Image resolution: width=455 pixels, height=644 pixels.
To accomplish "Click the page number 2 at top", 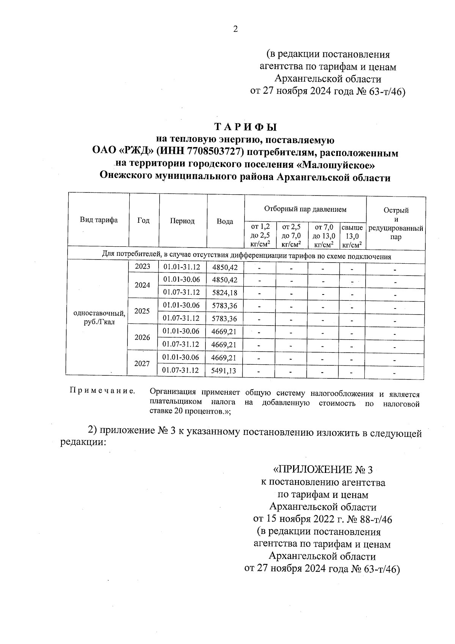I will (235, 29).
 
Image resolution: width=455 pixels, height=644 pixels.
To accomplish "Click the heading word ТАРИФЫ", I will (245, 127).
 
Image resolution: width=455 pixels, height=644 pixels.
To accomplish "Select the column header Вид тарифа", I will (99, 220).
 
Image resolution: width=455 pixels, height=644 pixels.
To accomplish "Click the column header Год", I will (143, 220).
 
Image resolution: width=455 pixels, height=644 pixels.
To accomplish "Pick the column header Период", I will (182, 221).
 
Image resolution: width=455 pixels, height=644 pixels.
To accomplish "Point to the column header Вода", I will (225, 222).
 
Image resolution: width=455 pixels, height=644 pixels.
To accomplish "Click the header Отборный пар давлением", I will (305, 209).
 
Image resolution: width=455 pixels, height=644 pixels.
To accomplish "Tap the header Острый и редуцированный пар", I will (395, 224).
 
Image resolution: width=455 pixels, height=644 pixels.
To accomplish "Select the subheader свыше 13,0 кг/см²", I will (352, 236).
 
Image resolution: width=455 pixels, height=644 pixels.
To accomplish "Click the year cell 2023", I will (143, 267).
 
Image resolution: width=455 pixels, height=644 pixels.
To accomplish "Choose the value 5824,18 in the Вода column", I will (225, 293).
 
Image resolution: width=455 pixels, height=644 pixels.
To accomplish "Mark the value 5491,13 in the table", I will (224, 371).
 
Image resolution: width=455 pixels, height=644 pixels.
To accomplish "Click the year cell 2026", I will (142, 337).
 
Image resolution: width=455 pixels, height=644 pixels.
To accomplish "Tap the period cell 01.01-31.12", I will (182, 267).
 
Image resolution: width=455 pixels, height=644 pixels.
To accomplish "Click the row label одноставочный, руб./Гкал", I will (99, 318).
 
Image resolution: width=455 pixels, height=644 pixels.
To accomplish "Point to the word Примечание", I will (102, 391).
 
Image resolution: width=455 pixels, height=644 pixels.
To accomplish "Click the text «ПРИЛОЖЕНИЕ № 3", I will (323, 470).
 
